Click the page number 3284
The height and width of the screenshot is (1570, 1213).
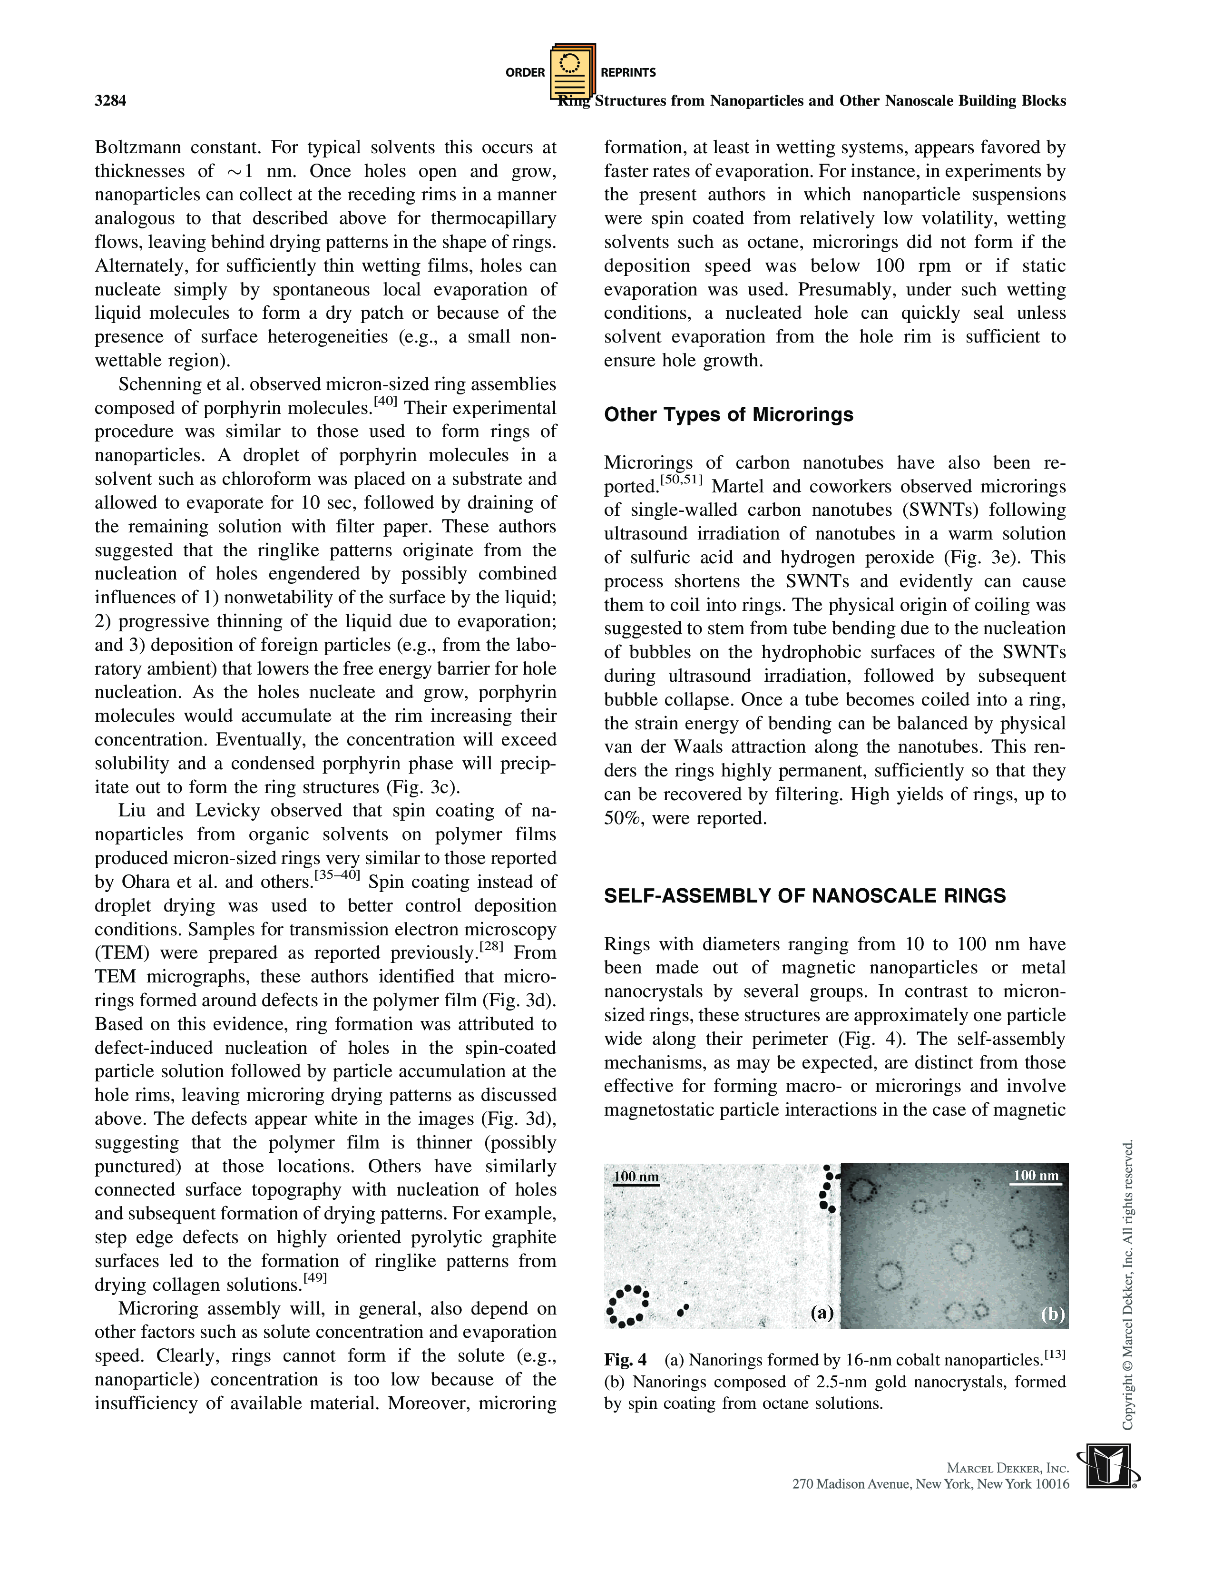point(111,101)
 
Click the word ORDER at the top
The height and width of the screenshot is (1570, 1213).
point(525,73)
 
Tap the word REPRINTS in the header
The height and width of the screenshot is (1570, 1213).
point(628,73)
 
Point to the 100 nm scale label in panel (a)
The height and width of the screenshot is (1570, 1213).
point(636,1177)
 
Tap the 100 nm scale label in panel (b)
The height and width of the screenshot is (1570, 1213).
point(1036,1175)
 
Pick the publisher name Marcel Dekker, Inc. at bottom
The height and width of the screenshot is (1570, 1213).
point(1008,1468)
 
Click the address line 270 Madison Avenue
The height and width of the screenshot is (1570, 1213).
point(930,1484)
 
